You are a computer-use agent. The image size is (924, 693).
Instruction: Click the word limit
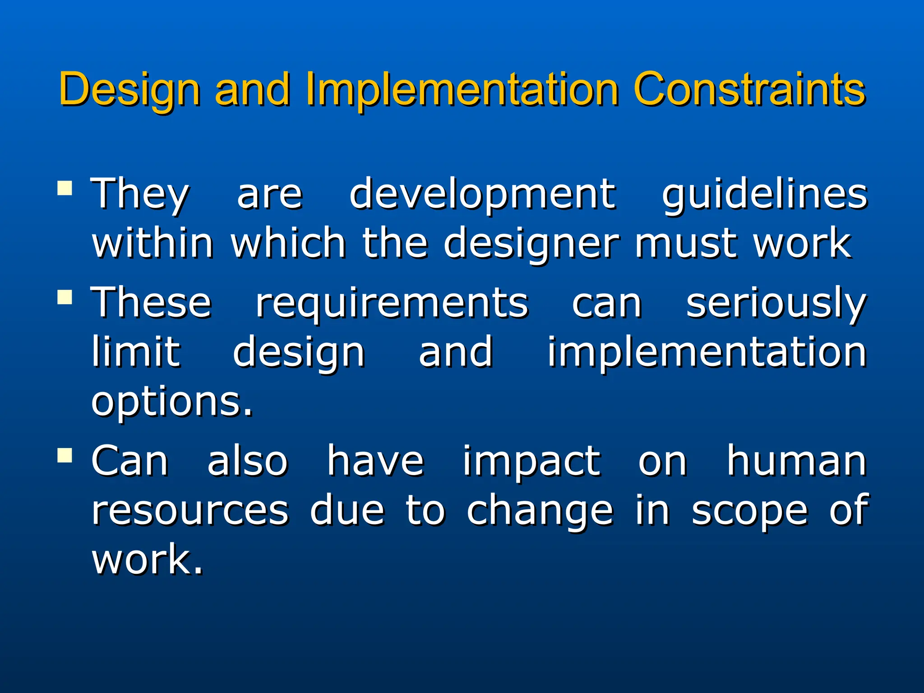(x=136, y=352)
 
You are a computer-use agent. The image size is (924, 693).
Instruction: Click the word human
(x=796, y=461)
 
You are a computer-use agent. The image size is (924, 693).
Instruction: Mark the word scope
(x=749, y=513)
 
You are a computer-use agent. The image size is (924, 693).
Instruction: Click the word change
(x=540, y=512)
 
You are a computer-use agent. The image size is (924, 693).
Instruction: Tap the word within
(x=152, y=244)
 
